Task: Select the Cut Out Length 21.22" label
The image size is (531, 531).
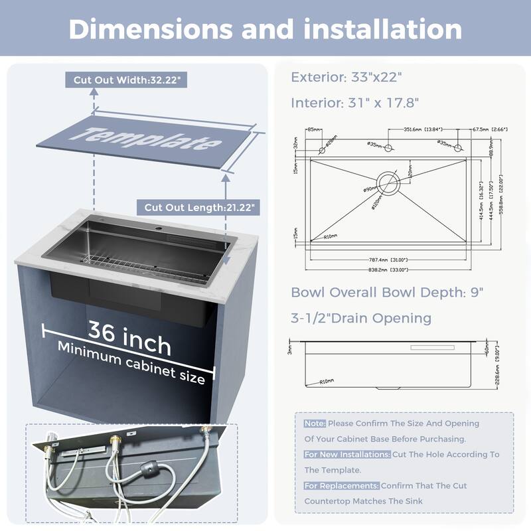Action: (x=197, y=207)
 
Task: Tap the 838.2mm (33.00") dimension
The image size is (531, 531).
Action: (x=388, y=270)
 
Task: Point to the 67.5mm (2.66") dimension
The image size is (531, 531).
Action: (x=491, y=129)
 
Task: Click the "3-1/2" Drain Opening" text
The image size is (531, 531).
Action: (x=361, y=319)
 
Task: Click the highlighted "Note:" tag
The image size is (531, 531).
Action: (x=315, y=423)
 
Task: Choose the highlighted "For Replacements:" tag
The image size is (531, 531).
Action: (x=341, y=486)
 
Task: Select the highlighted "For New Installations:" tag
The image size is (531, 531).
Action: (x=347, y=455)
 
